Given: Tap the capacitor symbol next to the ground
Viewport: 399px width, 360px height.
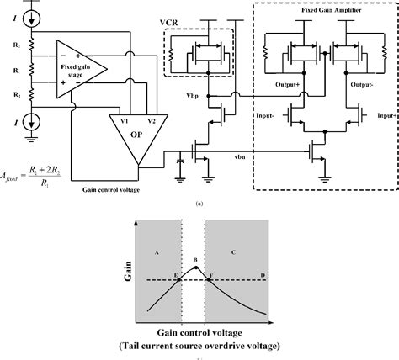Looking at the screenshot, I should [x=180, y=160].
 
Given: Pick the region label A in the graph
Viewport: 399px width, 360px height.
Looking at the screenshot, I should [x=151, y=251].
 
